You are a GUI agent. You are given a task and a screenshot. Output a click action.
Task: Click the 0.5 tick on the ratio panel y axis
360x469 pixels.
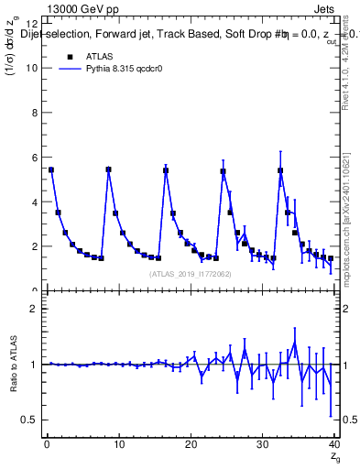[29, 420]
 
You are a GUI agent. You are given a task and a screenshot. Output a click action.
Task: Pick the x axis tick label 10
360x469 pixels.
[117, 446]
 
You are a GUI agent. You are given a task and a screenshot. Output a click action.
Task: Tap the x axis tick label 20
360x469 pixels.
[190, 446]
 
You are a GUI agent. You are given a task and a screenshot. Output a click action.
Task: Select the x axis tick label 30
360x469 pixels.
[262, 446]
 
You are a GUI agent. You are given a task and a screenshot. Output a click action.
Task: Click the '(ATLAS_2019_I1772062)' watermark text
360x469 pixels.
[190, 273]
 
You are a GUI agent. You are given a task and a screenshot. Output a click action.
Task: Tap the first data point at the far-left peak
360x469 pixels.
[51, 169]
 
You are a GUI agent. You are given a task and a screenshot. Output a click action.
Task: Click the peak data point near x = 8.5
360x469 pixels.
[108, 169]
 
